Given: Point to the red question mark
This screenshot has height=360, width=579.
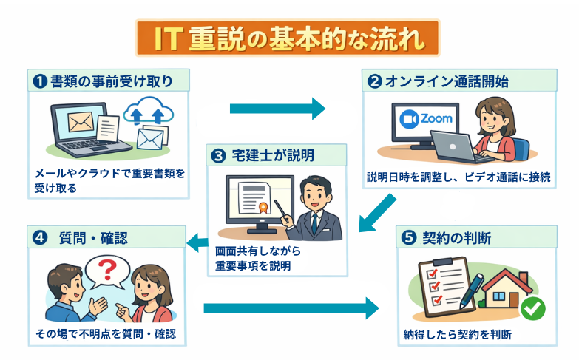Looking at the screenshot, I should coord(109,267).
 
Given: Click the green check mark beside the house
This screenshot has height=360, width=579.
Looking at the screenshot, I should coord(532,308).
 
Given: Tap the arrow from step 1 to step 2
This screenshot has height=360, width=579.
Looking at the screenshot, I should coord(277,109).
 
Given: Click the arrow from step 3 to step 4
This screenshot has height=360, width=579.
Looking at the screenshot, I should coord(195,240).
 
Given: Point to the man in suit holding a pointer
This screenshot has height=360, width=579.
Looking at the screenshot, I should coord(316,207).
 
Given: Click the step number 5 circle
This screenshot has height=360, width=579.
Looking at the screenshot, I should coord(409,239).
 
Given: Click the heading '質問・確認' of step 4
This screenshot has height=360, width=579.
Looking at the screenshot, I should coord(92,238).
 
